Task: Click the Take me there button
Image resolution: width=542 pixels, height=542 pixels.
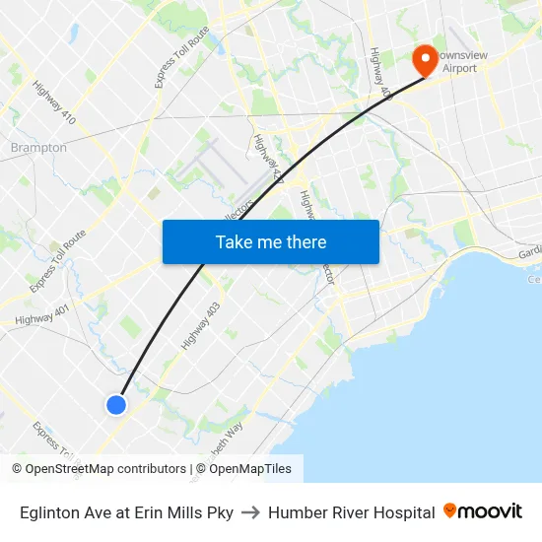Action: point(271,241)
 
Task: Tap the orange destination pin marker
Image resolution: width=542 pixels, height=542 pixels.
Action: point(426,59)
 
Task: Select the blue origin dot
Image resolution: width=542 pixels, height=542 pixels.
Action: point(116,404)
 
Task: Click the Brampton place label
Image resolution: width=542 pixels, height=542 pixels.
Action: point(38,148)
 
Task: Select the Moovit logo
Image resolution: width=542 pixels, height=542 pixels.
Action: point(482,511)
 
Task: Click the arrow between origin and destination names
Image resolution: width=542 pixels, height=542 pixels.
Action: point(250,512)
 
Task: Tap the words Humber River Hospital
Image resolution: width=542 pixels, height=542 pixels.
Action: point(351,512)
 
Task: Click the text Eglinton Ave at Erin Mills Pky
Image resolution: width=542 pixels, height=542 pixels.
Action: point(126,512)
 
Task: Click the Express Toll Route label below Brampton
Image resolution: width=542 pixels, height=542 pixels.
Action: point(57,261)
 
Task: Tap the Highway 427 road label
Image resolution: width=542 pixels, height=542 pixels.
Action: point(268,158)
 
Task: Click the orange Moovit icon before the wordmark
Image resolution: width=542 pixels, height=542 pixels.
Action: point(450,510)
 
